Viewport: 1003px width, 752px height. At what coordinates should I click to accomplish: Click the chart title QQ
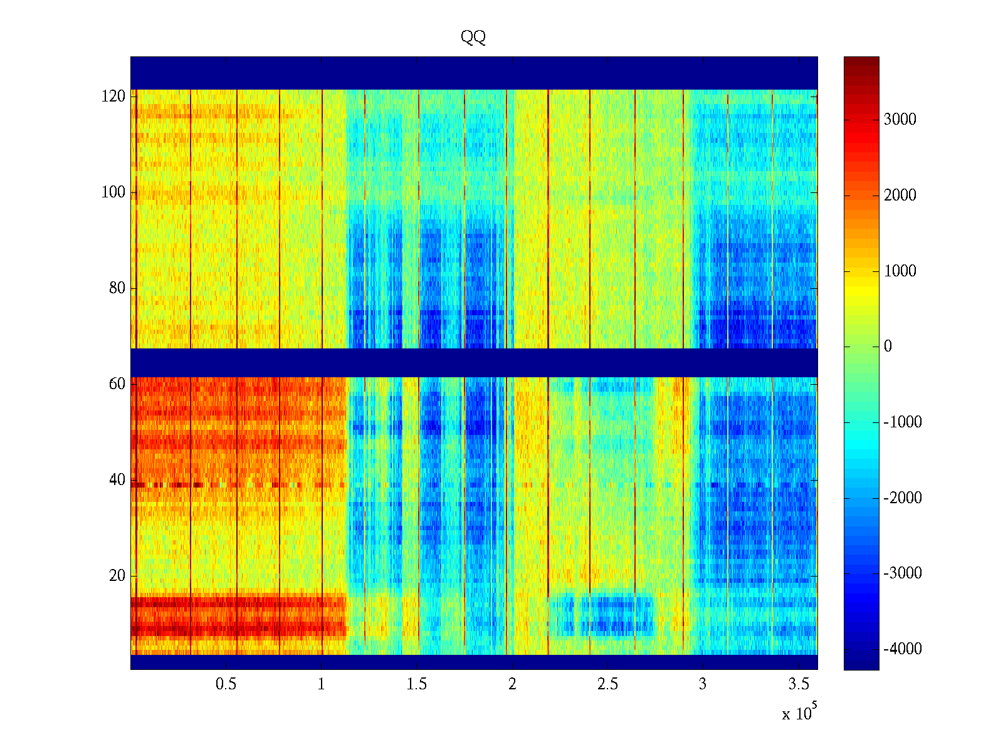tap(473, 38)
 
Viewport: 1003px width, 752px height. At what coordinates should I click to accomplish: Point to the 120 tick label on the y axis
tap(113, 97)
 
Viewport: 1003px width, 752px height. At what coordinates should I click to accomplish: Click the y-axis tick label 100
tap(113, 192)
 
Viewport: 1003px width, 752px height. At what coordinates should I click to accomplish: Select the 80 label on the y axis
tap(117, 288)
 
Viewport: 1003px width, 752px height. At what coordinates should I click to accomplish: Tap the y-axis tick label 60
tap(117, 384)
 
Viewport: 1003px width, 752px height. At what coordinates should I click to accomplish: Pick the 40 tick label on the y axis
tap(117, 480)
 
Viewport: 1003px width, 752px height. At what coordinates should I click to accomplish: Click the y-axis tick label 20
tap(117, 576)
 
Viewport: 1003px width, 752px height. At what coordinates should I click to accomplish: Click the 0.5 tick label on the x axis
tap(226, 684)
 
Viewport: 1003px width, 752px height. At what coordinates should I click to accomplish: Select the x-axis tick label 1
tap(322, 684)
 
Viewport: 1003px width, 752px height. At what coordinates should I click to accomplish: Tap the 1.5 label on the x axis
tap(417, 684)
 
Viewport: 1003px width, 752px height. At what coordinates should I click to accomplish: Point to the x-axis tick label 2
tap(512, 684)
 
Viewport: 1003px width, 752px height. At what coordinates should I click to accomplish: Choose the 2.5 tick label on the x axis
tap(607, 684)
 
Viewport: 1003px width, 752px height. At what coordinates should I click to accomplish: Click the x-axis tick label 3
tap(703, 684)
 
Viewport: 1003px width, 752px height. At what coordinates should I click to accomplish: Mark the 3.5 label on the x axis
tap(799, 684)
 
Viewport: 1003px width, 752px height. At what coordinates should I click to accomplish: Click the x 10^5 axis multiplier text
tap(799, 713)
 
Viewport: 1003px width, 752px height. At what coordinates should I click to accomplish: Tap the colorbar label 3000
tap(900, 120)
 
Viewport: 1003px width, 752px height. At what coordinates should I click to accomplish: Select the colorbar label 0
tap(888, 347)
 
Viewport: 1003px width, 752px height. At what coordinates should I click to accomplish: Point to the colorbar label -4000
tap(903, 649)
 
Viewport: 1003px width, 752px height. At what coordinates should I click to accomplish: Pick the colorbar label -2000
tap(903, 498)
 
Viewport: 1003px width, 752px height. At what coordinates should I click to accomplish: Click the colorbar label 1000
tap(900, 271)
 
